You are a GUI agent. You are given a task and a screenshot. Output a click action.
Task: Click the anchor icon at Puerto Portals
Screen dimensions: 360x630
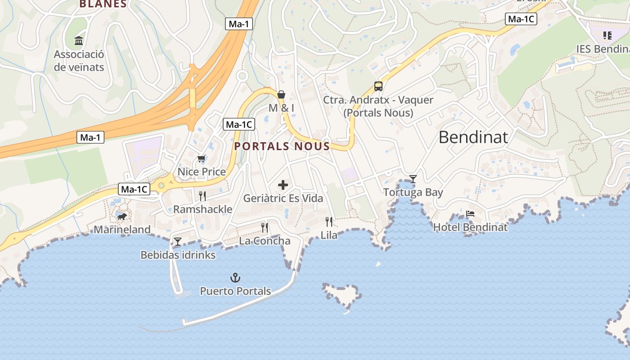(x=235, y=277)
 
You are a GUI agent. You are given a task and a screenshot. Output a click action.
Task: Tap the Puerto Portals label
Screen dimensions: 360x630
(x=235, y=291)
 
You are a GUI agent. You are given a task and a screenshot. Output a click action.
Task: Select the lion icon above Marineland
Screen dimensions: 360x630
(x=122, y=217)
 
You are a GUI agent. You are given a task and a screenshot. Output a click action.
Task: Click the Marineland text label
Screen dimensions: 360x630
(x=122, y=229)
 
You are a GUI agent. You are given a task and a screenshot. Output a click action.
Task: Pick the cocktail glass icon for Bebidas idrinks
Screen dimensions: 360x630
(x=178, y=242)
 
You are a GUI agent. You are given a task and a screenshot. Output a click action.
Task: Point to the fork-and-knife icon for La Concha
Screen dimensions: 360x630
(x=265, y=227)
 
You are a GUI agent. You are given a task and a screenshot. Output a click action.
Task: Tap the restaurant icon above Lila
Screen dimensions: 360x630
(x=329, y=221)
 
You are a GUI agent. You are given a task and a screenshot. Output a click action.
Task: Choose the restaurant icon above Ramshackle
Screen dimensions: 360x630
(x=202, y=196)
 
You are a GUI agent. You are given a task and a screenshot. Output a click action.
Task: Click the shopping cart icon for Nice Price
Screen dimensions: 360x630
(x=201, y=158)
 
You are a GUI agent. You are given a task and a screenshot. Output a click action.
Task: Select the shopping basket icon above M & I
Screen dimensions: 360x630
(x=281, y=94)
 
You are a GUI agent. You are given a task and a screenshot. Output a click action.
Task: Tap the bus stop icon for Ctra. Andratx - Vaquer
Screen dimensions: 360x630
(x=378, y=86)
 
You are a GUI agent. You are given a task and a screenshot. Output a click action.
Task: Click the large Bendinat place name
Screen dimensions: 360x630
(x=473, y=137)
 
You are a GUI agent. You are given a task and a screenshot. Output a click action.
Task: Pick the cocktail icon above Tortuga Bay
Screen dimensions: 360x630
(x=413, y=179)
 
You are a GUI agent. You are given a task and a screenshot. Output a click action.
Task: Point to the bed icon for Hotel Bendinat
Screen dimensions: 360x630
(x=470, y=214)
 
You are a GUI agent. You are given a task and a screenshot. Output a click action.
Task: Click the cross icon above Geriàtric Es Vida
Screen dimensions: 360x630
(x=283, y=184)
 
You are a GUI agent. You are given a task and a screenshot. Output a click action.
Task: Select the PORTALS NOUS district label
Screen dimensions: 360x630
(x=282, y=146)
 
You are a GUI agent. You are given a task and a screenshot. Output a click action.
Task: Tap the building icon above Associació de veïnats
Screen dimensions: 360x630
(x=79, y=41)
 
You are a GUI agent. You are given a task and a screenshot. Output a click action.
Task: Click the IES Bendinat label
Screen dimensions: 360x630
(x=603, y=49)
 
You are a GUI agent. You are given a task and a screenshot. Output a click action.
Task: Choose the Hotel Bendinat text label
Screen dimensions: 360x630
(x=470, y=227)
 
